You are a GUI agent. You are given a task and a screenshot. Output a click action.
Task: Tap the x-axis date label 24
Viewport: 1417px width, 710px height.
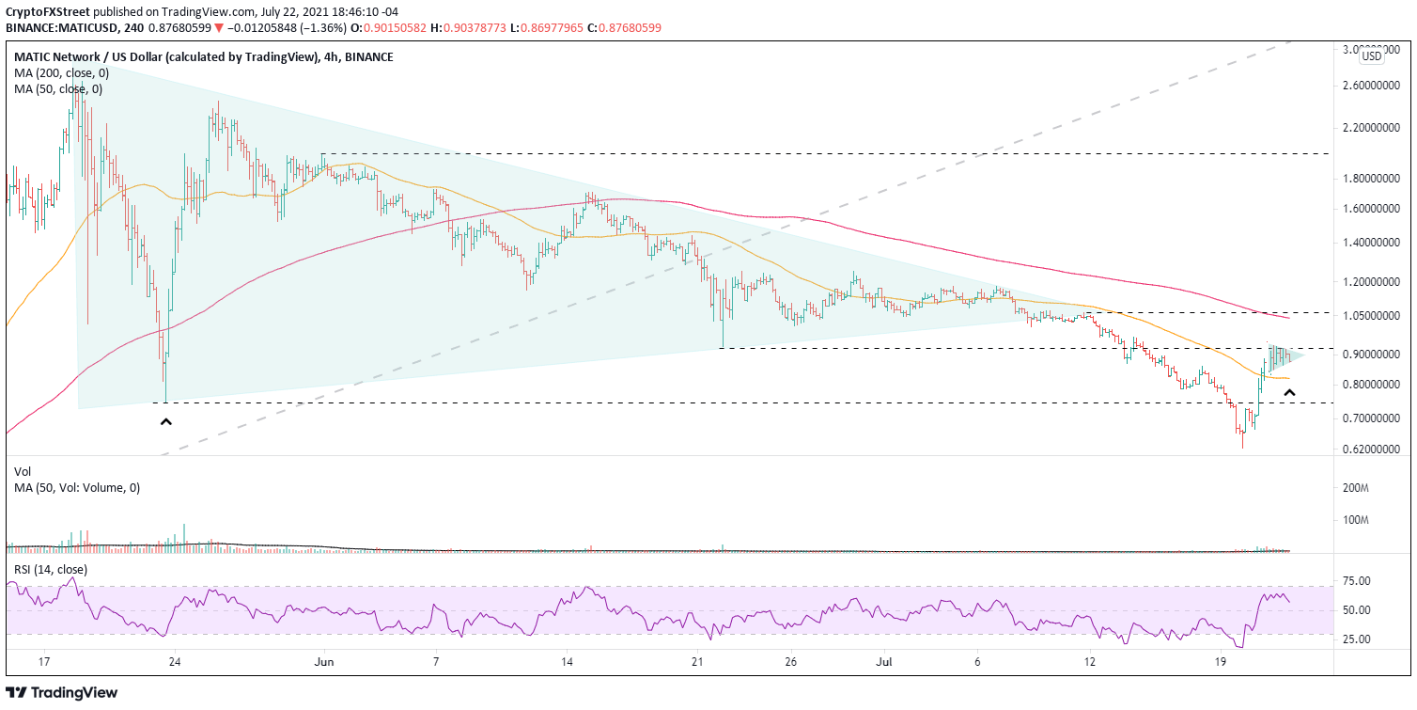coord(174,663)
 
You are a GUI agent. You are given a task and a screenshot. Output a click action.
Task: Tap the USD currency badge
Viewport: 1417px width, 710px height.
coord(1372,56)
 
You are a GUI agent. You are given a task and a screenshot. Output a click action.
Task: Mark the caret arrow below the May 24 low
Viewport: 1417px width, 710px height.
coord(166,422)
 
